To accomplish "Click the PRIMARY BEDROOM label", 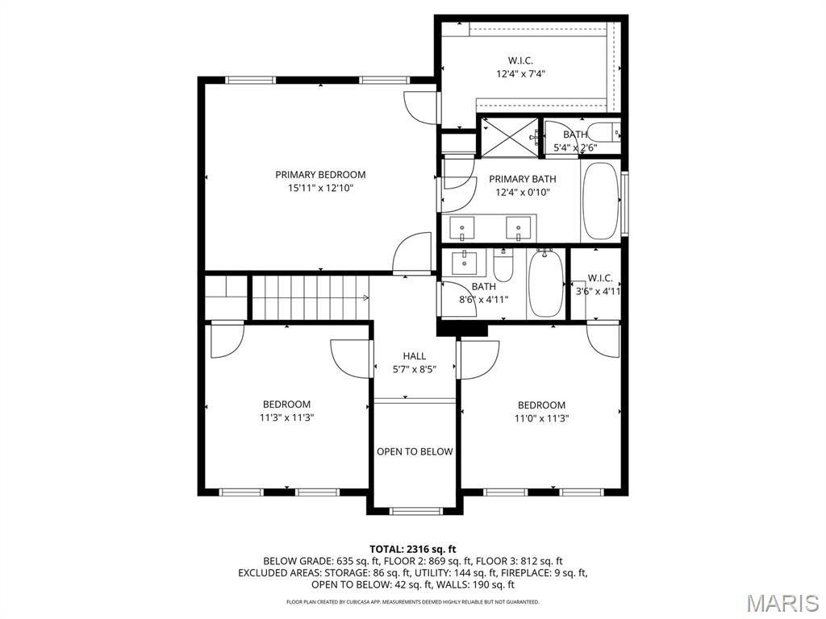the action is pyautogui.click(x=320, y=175).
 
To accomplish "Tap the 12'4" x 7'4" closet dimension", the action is pyautogui.click(x=520, y=74).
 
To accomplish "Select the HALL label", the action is pyautogui.click(x=415, y=356).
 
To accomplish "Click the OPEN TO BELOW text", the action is pyautogui.click(x=415, y=451).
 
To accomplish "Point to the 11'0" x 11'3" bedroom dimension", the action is pyautogui.click(x=541, y=419).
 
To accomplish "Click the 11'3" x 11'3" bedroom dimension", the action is pyautogui.click(x=287, y=418).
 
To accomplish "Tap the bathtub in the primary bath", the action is pyautogui.click(x=600, y=201).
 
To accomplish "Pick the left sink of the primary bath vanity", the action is pyautogui.click(x=461, y=228).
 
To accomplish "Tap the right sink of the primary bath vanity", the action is pyautogui.click(x=519, y=228).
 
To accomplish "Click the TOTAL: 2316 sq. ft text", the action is pyautogui.click(x=412, y=550).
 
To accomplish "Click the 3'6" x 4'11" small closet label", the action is pyautogui.click(x=598, y=291).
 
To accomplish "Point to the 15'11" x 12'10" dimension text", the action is pyautogui.click(x=320, y=189).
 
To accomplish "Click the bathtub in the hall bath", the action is pyautogui.click(x=546, y=283).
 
